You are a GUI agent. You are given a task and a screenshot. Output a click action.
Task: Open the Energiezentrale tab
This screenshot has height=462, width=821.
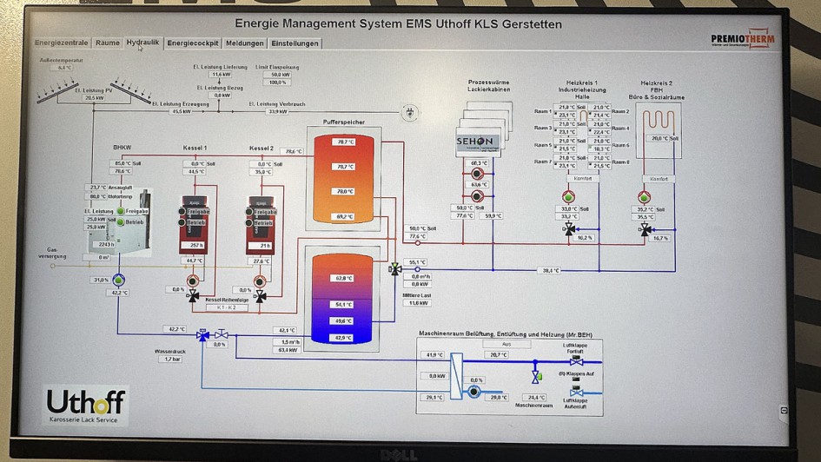click(63, 43)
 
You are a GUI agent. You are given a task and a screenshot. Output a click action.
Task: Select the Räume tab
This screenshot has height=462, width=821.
click(108, 43)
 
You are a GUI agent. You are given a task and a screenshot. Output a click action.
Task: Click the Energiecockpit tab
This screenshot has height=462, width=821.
click(193, 43)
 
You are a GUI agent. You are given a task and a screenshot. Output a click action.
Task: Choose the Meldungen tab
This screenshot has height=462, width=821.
click(244, 43)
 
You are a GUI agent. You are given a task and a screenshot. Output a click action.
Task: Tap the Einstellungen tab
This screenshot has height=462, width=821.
click(295, 43)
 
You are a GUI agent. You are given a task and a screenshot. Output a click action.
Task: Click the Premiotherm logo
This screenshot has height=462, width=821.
click(743, 38)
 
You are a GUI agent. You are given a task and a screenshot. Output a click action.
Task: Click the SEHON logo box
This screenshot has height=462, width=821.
click(474, 142)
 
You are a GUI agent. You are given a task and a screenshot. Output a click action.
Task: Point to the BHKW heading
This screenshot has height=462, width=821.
click(121, 148)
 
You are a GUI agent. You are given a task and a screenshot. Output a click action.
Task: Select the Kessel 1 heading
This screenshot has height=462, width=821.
click(195, 148)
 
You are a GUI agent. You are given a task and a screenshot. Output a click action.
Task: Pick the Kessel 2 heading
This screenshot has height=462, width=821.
click(262, 148)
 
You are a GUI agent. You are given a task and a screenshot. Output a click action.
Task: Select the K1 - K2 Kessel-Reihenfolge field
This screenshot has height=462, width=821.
click(226, 307)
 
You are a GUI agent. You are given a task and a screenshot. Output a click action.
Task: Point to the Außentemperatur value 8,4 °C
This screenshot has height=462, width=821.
click(65, 67)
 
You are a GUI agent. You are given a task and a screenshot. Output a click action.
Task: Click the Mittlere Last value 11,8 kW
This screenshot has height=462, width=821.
click(420, 303)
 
